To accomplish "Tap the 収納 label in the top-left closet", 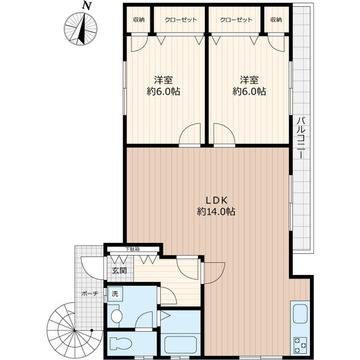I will pos(138,20).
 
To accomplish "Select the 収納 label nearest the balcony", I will pos(276,20).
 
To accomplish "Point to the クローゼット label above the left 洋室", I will pos(181,20).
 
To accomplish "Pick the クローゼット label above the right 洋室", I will pos(236,20).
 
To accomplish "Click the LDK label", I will pos(215,200).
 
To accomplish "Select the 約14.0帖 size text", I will pos(216,212).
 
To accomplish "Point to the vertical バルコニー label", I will pos(301,138).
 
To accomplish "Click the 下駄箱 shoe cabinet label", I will pos(133,249).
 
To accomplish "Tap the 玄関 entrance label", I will pos(119,271).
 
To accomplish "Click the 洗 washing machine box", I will pos(115,294).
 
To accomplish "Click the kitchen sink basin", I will pos(298,314).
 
